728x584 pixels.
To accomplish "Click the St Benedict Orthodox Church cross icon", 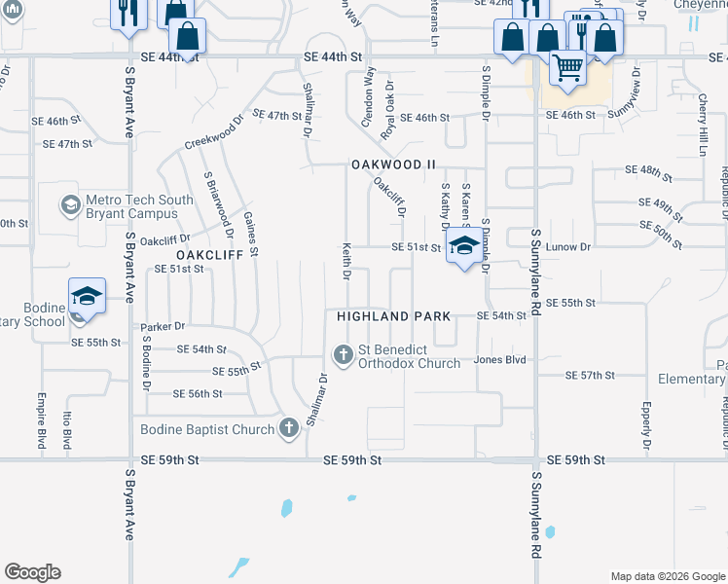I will click(x=343, y=354).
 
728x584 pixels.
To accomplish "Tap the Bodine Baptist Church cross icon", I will click(x=288, y=427).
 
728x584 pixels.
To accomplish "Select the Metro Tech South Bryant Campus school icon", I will click(x=70, y=205).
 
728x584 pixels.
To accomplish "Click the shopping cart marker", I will click(x=567, y=68).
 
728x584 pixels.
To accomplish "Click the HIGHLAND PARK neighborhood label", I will click(x=393, y=316).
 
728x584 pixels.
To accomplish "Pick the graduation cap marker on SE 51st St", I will click(x=463, y=245).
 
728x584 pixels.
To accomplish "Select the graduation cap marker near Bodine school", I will click(x=87, y=297).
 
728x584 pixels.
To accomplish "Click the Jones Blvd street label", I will click(x=499, y=360).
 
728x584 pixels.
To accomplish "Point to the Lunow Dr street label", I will click(x=572, y=248).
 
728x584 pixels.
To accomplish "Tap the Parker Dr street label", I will click(x=163, y=327).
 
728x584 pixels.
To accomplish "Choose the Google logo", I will click(x=32, y=572).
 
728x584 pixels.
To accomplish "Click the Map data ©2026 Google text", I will click(x=667, y=576).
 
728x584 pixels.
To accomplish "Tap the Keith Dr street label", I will click(x=346, y=261).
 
